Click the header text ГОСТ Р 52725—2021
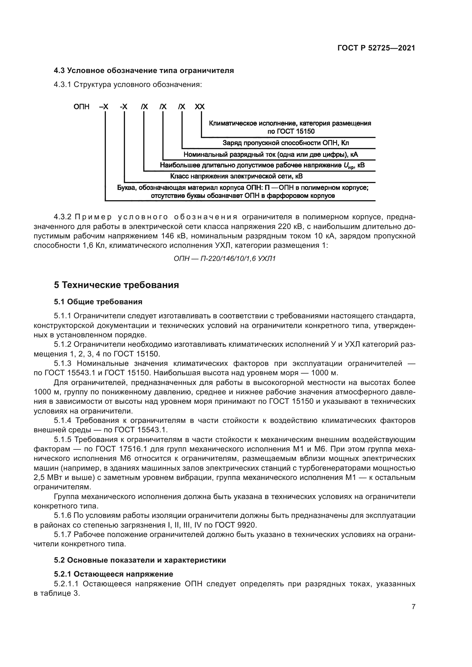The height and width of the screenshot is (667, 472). (x=376, y=48)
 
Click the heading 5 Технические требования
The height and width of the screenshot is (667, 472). (x=116, y=285)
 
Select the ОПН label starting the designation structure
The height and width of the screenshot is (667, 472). (x=81, y=107)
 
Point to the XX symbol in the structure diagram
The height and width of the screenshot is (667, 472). (x=199, y=107)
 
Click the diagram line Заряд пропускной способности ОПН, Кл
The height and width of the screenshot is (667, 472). (x=286, y=143)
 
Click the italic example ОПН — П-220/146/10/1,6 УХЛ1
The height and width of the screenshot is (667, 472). (x=224, y=259)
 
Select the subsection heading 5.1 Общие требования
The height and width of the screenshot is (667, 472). (x=98, y=302)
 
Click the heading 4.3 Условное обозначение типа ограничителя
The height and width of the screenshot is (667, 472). (x=144, y=70)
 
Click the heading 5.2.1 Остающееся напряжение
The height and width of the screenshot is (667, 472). (x=113, y=574)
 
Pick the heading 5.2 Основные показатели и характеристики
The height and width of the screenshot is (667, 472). (x=140, y=560)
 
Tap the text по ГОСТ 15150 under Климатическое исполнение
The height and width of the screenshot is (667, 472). (x=291, y=131)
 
